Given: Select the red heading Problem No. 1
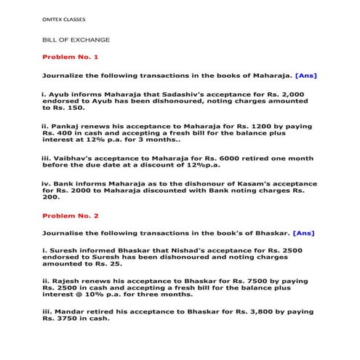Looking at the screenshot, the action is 71,56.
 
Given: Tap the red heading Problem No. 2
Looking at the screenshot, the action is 71,216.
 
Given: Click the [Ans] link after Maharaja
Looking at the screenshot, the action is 306,75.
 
